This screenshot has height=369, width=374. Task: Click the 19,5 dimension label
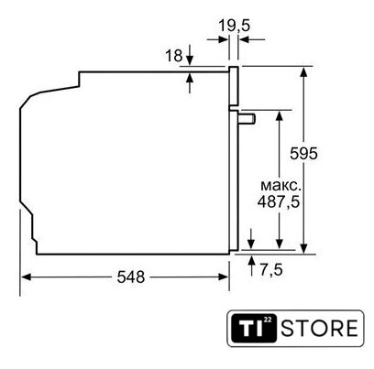234,26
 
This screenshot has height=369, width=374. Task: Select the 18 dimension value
174,56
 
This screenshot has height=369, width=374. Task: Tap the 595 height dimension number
303,154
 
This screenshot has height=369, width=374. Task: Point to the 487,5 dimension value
279,201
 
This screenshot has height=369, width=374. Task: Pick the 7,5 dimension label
271,270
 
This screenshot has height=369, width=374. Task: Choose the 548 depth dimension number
131,277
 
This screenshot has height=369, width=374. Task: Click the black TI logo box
253,328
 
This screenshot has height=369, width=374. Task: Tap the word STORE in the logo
320,329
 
